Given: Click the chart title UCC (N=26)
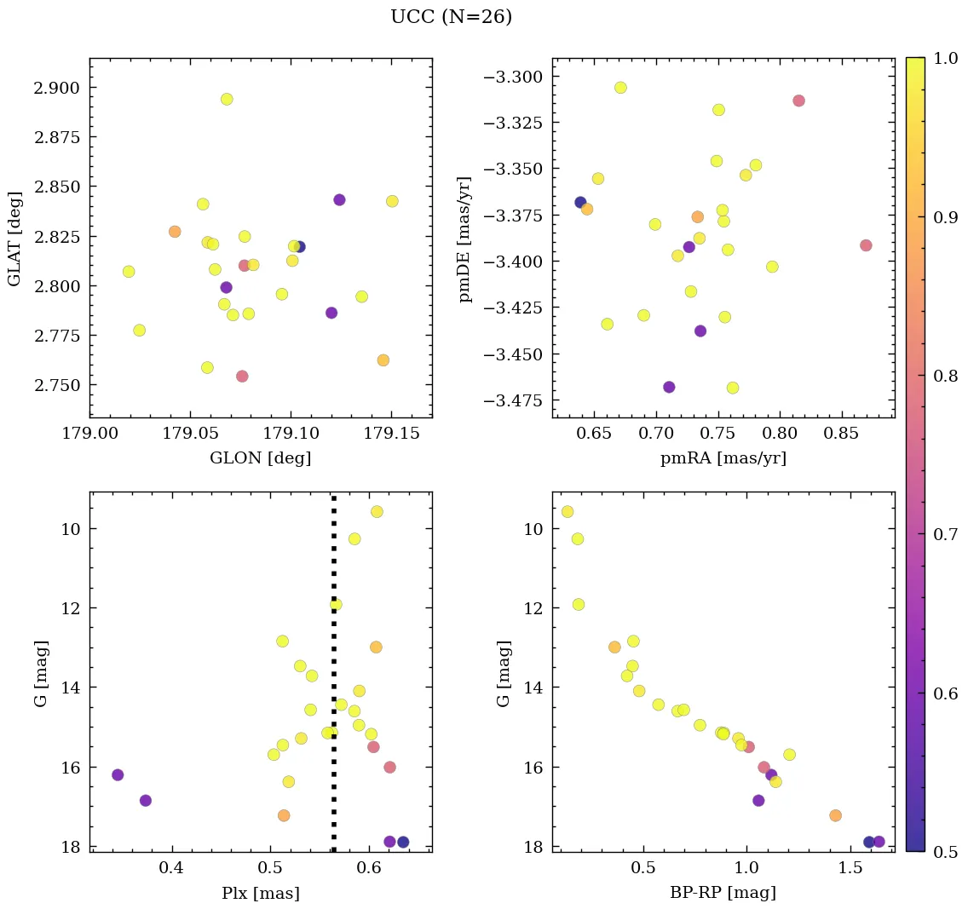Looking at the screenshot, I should [x=451, y=17].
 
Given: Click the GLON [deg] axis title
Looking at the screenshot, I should [x=260, y=458].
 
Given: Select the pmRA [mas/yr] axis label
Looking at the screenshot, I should [x=723, y=458].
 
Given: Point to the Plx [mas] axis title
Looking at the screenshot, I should [x=260, y=893].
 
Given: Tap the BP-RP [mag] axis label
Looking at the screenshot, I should [x=723, y=893].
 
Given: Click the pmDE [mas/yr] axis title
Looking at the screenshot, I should [x=464, y=239].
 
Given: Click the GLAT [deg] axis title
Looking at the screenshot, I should [x=14, y=239].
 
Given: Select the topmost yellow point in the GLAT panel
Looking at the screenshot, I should [x=227, y=99].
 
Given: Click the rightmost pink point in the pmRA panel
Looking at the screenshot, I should [x=866, y=245].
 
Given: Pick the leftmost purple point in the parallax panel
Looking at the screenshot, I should [x=118, y=774].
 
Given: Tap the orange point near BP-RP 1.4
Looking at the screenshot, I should [x=835, y=815].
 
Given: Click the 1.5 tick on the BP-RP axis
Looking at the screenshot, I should [x=851, y=870].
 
